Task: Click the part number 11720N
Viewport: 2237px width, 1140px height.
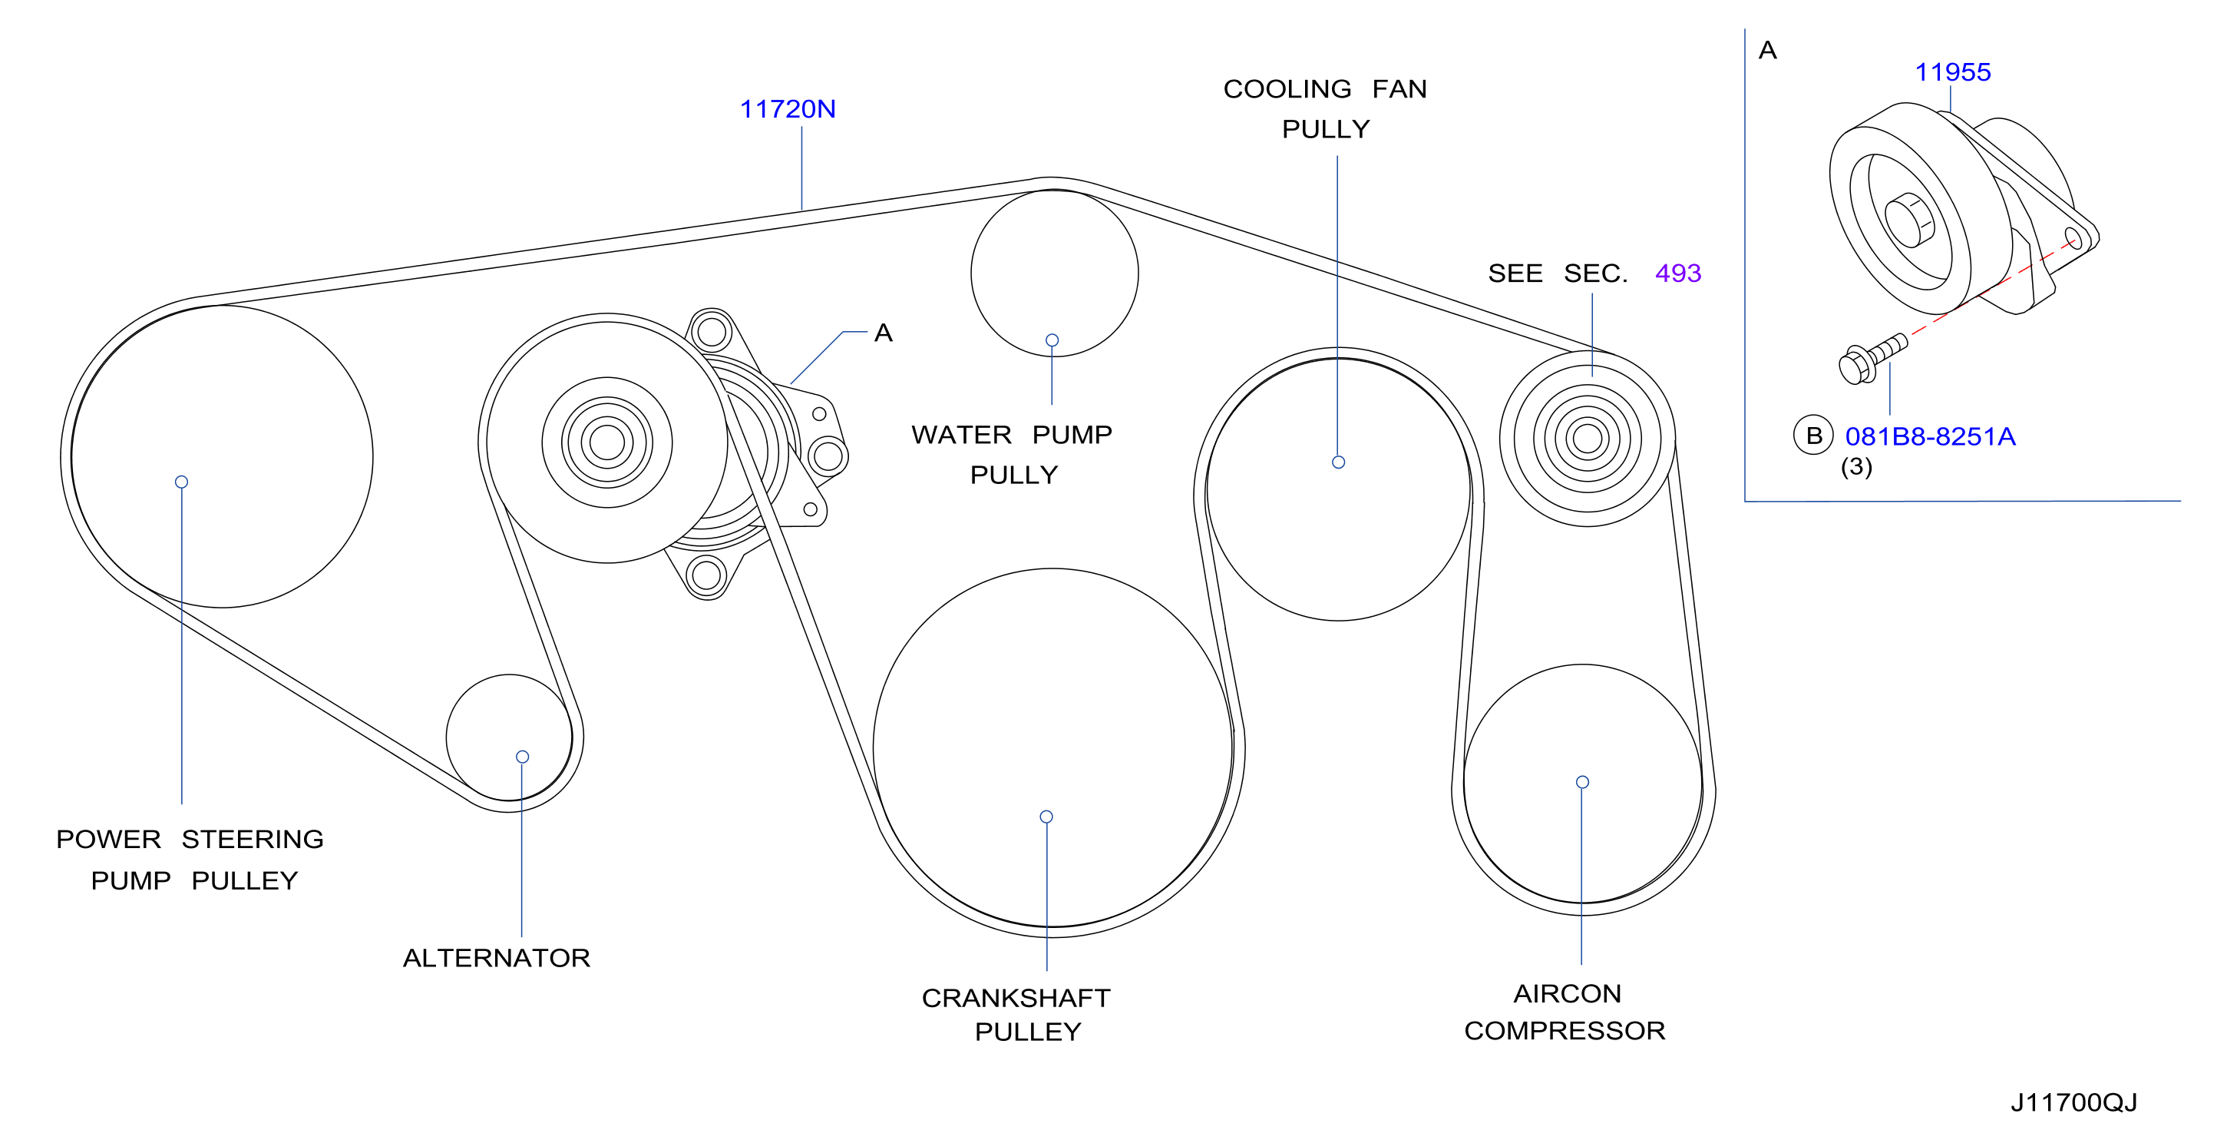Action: click(787, 110)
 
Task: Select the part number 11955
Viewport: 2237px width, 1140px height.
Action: click(1952, 72)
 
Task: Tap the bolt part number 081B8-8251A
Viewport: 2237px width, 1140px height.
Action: click(1930, 436)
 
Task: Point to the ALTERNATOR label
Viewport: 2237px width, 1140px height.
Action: click(497, 957)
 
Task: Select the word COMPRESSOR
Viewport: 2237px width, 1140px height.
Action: click(1564, 1030)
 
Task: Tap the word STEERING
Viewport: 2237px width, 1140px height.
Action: click(253, 840)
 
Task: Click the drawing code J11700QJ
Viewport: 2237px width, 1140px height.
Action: click(2073, 1102)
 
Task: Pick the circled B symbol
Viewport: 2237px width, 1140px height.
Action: click(1813, 436)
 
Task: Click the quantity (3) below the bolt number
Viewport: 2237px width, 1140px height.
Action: click(1857, 468)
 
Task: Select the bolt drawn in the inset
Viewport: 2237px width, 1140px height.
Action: click(1873, 359)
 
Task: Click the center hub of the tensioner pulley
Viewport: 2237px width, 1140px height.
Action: click(607, 442)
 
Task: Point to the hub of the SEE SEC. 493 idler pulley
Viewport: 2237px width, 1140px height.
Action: click(1588, 439)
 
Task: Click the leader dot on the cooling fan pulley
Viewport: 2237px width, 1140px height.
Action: click(1338, 462)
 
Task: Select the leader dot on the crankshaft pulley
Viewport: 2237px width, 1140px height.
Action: click(1046, 817)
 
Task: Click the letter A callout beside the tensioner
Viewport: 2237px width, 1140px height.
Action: click(883, 333)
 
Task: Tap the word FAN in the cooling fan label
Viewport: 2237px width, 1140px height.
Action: click(1399, 90)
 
